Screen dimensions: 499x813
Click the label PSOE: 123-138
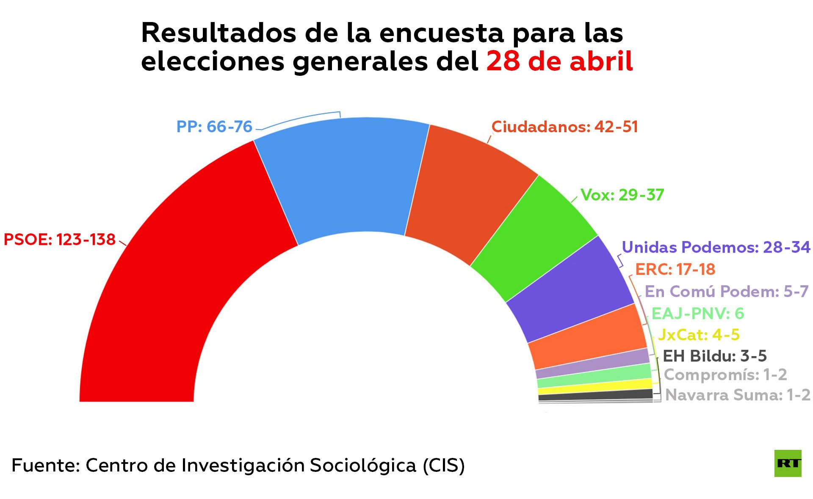(59, 240)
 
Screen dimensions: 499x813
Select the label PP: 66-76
(214, 127)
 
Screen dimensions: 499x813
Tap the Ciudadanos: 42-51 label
(564, 127)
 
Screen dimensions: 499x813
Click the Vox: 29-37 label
(622, 195)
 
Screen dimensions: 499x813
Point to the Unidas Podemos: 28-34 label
(716, 247)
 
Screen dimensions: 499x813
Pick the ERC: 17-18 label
(675, 269)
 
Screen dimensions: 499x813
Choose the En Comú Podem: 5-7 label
(727, 291)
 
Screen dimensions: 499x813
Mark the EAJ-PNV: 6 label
(697, 313)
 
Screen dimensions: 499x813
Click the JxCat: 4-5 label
(699, 335)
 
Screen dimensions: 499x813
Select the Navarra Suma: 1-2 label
(738, 395)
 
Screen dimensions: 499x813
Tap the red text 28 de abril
(559, 61)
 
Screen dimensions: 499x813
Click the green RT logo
(788, 463)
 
